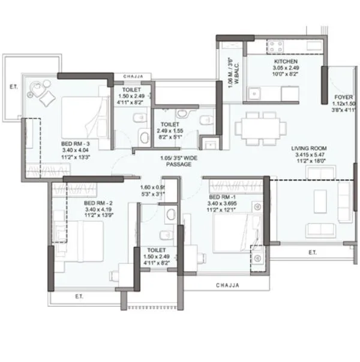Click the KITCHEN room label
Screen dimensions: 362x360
pyautogui.click(x=286, y=62)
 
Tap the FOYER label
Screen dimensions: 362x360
pyautogui.click(x=344, y=95)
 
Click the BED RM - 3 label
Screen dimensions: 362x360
pyautogui.click(x=75, y=144)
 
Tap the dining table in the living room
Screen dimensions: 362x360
pyautogui.click(x=260, y=128)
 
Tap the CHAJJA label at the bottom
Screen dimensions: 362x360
pyautogui.click(x=227, y=285)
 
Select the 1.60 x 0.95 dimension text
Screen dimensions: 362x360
pyautogui.click(x=152, y=186)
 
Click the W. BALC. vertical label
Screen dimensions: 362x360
pyautogui.click(x=239, y=74)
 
